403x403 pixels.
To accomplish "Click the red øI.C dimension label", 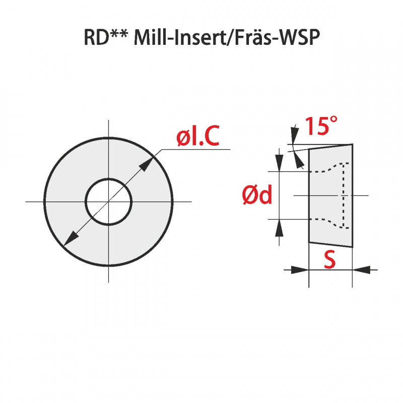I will pyautogui.click(x=198, y=138).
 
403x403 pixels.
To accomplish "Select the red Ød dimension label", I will pyautogui.click(x=257, y=195).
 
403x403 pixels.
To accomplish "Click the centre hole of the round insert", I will pyautogui.click(x=108, y=202).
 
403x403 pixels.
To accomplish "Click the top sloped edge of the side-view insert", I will pyautogui.click(x=330, y=147).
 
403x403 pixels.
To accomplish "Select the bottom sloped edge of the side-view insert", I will pyautogui.click(x=330, y=245).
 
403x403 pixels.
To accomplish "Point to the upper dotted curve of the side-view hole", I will pyautogui.click(x=327, y=168).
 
